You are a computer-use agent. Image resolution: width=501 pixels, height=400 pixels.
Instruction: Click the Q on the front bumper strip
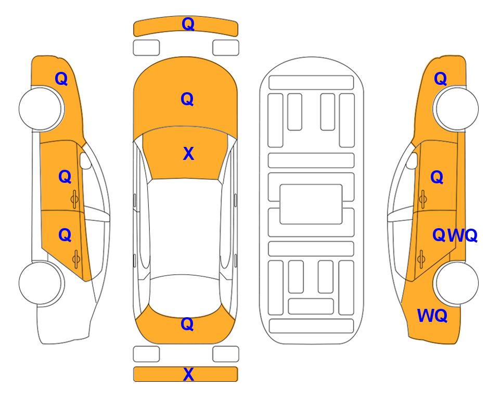188,24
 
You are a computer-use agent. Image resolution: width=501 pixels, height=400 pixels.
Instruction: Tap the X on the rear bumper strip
188,374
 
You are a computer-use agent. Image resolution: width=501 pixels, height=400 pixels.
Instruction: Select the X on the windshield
188,154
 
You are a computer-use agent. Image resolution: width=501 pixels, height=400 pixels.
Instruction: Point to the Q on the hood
187,99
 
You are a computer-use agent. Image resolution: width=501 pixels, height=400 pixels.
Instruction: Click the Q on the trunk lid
187,324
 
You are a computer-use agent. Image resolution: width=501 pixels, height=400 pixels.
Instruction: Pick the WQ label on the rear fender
432,316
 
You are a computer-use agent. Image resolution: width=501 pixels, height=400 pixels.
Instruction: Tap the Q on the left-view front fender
61,79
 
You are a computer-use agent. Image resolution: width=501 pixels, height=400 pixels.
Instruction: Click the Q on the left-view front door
65,177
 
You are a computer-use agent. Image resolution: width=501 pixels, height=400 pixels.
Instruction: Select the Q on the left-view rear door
65,235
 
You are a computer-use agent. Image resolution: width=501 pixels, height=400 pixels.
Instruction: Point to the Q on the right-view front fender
440,79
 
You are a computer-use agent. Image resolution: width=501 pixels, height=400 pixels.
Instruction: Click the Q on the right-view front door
437,177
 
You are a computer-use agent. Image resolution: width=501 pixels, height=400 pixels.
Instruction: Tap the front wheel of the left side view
41,109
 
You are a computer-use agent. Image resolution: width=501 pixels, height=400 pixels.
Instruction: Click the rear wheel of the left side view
41,283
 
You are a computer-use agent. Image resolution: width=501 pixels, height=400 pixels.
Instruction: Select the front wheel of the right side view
457,109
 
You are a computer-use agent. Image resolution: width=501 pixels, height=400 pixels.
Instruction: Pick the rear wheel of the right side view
457,283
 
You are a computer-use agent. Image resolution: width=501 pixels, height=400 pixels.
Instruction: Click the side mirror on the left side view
85,160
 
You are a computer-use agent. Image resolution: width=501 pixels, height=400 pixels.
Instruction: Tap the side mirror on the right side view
412,160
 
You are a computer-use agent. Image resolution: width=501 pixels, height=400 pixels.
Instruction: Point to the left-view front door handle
74,199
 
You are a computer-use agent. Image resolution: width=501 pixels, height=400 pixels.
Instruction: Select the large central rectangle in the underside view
311,204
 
